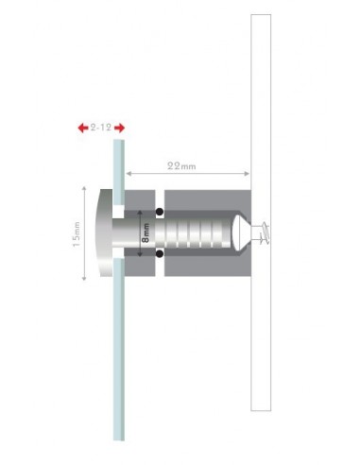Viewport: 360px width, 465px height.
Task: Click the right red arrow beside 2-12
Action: pyautogui.click(x=123, y=127)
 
